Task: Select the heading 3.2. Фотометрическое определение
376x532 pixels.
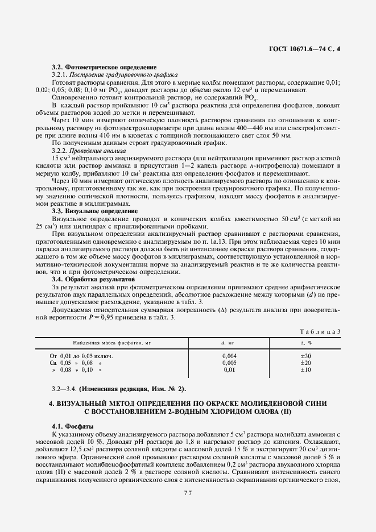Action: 104,67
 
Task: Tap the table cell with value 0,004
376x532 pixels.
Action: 229,356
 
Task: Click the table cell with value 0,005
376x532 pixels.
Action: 229,363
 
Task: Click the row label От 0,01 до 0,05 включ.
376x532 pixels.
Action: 81,356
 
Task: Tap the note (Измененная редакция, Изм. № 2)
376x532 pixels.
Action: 132,389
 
